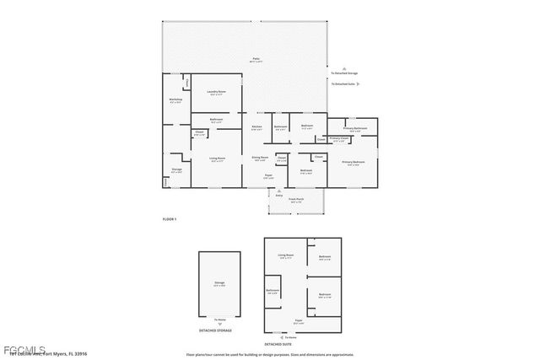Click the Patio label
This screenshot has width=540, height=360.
(x=256, y=60)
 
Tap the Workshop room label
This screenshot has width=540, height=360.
(x=175, y=100)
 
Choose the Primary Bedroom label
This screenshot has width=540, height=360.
(x=353, y=162)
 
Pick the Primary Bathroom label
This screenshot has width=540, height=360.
(x=354, y=128)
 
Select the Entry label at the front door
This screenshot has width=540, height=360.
(x=278, y=195)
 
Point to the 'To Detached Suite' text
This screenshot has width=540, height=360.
(x=343, y=84)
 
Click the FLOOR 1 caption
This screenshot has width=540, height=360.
(x=170, y=219)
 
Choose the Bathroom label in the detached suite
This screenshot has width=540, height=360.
(x=273, y=291)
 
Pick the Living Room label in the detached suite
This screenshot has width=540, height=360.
(x=286, y=255)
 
